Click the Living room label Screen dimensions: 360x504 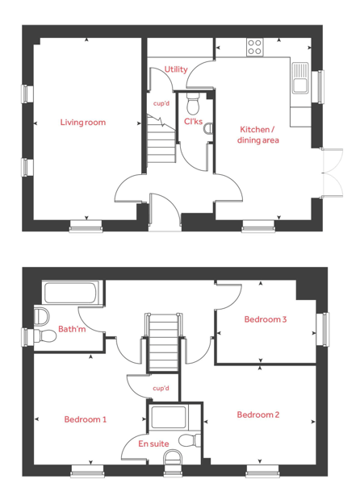pos(83,123)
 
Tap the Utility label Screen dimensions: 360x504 pos(176,69)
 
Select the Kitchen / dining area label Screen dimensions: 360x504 pos(258,135)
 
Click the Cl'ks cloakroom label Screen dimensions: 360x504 pos(194,122)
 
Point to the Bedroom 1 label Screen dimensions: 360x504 pos(86,419)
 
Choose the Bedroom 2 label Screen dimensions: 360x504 pos(258,414)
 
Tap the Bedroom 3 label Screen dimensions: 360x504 pos(266,319)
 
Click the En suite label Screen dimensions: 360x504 pos(153,444)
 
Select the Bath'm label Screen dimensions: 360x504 pos(72,329)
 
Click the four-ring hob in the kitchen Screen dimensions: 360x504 pos(255,47)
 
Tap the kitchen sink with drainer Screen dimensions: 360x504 pos(300,78)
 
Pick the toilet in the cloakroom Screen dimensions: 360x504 pos(193,104)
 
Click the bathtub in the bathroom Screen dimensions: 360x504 pos(70,293)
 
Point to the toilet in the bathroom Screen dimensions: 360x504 pos(45,336)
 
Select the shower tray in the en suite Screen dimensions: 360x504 pos(169,418)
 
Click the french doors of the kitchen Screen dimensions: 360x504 pos(333,173)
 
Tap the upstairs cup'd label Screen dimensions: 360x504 pos(161,389)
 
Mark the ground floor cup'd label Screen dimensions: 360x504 pos(161,103)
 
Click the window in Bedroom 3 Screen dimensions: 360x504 pos(322,330)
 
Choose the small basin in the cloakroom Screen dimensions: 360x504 pos(208,128)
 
